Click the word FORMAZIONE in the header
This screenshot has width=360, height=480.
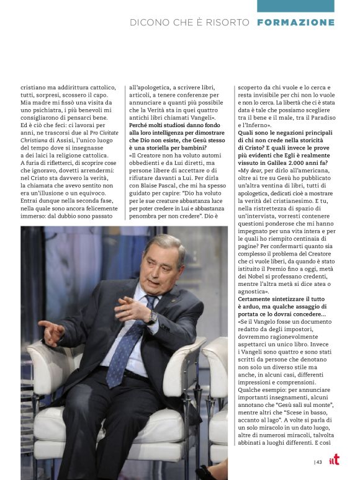pos(295,22)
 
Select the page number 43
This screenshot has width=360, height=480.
pos(319,461)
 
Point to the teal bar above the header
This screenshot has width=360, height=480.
pos(295,6)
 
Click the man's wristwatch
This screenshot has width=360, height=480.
pos(151,316)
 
